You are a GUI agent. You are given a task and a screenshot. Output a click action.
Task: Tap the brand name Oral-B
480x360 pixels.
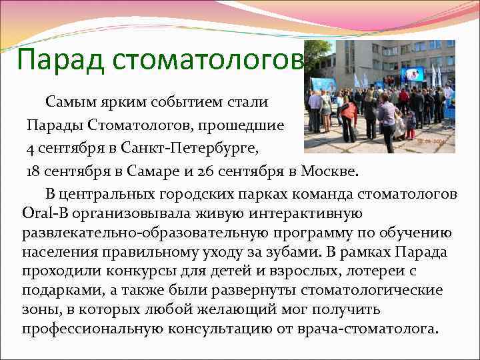pos(41,215)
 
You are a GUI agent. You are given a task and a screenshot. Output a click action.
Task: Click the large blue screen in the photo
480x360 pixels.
pos(413,73)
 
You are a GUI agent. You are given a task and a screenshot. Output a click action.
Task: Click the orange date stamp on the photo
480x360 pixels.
pos(431,142)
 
